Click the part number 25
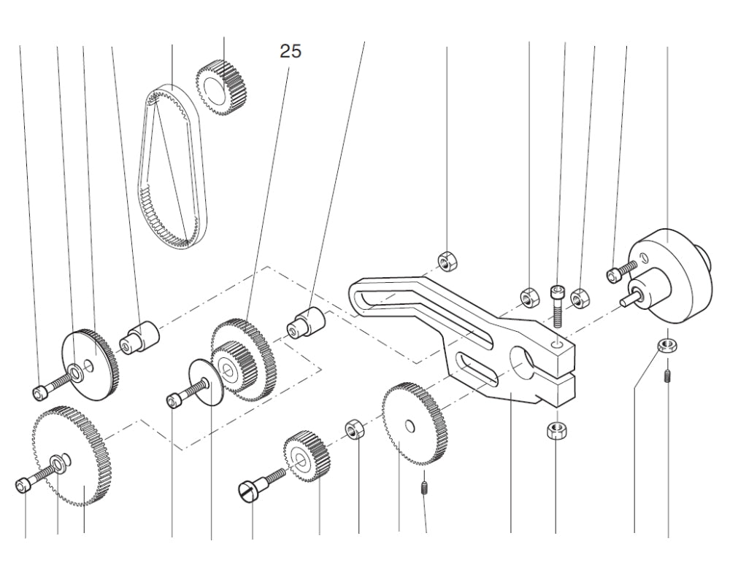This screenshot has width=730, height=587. [x=290, y=52]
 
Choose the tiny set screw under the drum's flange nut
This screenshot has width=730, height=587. [x=667, y=378]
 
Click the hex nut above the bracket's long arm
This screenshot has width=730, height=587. [x=446, y=260]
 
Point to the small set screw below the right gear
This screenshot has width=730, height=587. [x=424, y=486]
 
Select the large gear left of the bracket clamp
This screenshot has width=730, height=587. [x=414, y=423]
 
